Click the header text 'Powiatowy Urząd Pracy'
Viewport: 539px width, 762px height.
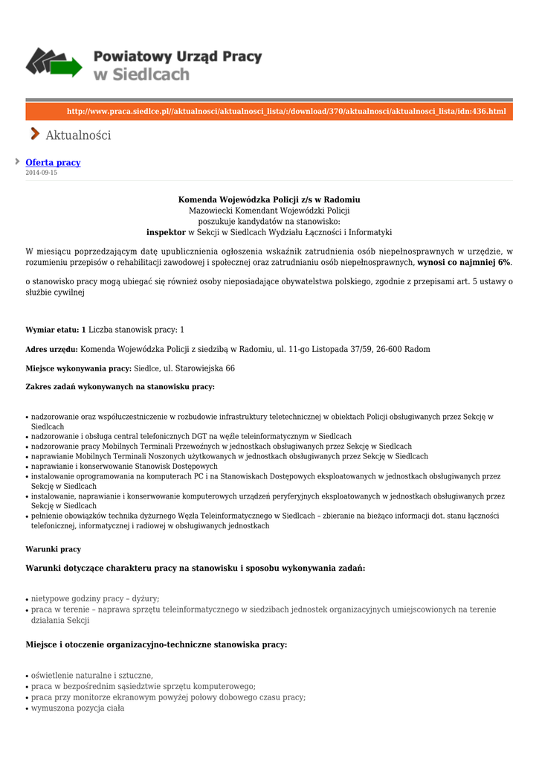tap(178, 57)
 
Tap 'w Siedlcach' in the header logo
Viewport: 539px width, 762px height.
tap(141, 74)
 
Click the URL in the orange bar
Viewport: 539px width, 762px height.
tap(286, 112)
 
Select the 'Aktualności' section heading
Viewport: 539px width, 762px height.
tap(78, 135)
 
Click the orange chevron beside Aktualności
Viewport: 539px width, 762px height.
tap(35, 134)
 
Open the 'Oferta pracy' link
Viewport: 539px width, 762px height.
tap(53, 162)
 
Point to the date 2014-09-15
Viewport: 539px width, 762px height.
tap(42, 173)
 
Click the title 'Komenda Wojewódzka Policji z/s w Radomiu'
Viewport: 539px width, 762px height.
tap(269, 199)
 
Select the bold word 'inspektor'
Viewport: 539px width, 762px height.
tap(166, 232)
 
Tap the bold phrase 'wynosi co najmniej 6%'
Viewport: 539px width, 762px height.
tap(464, 263)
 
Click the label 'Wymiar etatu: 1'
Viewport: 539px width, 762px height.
tap(56, 330)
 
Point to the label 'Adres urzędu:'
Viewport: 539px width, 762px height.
tap(51, 349)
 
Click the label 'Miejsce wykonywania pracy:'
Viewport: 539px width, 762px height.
tap(78, 368)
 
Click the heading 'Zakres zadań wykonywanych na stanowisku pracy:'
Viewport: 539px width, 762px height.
tap(120, 387)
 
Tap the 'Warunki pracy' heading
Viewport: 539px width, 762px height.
tap(54, 549)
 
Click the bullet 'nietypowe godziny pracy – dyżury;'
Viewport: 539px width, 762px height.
tap(95, 598)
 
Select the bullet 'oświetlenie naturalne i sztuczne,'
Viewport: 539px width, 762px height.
tap(92, 676)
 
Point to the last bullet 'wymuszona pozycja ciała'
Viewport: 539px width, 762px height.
tap(77, 708)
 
